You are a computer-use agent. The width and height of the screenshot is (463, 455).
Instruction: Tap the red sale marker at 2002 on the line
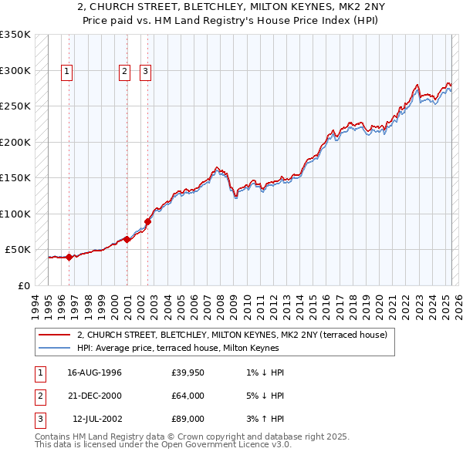coord(147,222)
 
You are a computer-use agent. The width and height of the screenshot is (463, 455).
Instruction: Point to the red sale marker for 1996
coord(69,257)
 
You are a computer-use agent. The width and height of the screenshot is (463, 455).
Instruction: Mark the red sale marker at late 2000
coord(127,240)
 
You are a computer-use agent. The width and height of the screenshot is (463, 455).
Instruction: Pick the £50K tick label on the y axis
coord(18,250)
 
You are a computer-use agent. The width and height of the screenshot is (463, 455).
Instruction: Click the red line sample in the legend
coord(54,335)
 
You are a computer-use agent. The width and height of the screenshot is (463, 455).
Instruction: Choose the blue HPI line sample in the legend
coord(54,348)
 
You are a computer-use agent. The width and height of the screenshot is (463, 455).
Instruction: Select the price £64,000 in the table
coord(188,396)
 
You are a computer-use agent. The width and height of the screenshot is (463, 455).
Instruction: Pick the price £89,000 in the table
coord(188,419)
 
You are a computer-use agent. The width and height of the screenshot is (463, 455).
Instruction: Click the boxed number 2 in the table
coord(39,396)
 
